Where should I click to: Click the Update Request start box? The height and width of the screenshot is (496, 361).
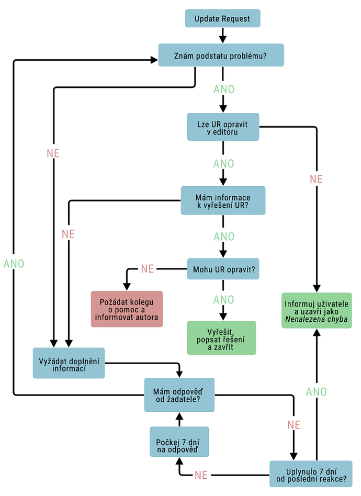(222, 19)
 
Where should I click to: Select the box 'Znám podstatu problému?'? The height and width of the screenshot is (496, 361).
(221, 55)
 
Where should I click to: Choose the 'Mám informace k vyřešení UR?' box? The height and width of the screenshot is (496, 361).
(223, 201)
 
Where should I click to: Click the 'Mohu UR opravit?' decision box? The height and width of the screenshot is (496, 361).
(223, 270)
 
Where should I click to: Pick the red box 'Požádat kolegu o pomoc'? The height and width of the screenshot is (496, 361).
(127, 309)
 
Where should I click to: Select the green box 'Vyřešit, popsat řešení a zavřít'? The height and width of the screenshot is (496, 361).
(222, 338)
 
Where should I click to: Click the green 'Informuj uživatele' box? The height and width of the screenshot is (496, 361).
(317, 310)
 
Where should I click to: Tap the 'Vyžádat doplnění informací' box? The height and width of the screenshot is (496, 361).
(69, 363)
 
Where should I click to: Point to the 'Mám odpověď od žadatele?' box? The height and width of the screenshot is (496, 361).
(180, 395)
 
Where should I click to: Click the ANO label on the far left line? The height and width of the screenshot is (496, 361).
(14, 263)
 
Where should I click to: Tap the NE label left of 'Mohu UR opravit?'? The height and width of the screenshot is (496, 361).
(148, 269)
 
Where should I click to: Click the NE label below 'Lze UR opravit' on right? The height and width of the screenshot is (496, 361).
(316, 179)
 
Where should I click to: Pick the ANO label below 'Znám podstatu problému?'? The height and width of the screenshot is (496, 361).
(223, 89)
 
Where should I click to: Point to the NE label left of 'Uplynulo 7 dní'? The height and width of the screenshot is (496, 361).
(201, 475)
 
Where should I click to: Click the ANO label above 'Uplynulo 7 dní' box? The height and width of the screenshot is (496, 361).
(316, 391)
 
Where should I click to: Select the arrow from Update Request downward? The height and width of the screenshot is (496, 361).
(222, 36)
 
